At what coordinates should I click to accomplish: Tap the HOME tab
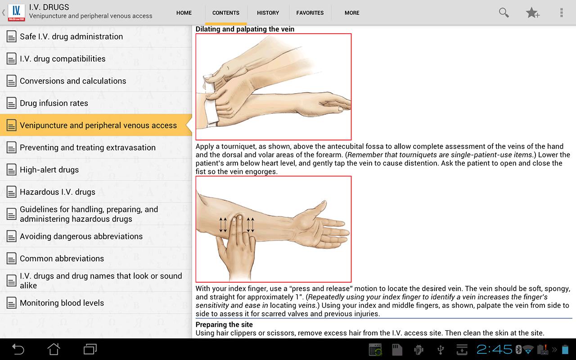click(x=184, y=13)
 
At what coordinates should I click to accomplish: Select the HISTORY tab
click(x=268, y=13)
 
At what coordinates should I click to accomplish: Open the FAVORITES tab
click(x=310, y=13)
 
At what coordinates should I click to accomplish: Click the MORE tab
click(x=351, y=13)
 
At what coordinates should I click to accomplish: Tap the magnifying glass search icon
click(x=504, y=13)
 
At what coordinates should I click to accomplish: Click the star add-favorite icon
click(x=532, y=13)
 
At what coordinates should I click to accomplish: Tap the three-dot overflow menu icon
click(x=561, y=13)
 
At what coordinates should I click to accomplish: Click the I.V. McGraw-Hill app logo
click(x=17, y=12)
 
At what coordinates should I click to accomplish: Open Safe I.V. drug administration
click(x=71, y=36)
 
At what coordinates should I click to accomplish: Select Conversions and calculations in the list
click(x=73, y=81)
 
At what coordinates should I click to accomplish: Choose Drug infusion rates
click(x=54, y=103)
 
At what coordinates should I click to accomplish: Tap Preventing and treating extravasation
click(x=88, y=148)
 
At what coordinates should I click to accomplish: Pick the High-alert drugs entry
click(x=49, y=170)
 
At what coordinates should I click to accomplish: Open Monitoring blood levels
click(x=62, y=303)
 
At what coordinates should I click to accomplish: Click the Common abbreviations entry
click(x=62, y=259)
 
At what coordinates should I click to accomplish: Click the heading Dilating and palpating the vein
click(x=245, y=29)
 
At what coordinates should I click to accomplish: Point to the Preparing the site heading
click(x=224, y=324)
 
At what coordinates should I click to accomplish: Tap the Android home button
click(x=54, y=349)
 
